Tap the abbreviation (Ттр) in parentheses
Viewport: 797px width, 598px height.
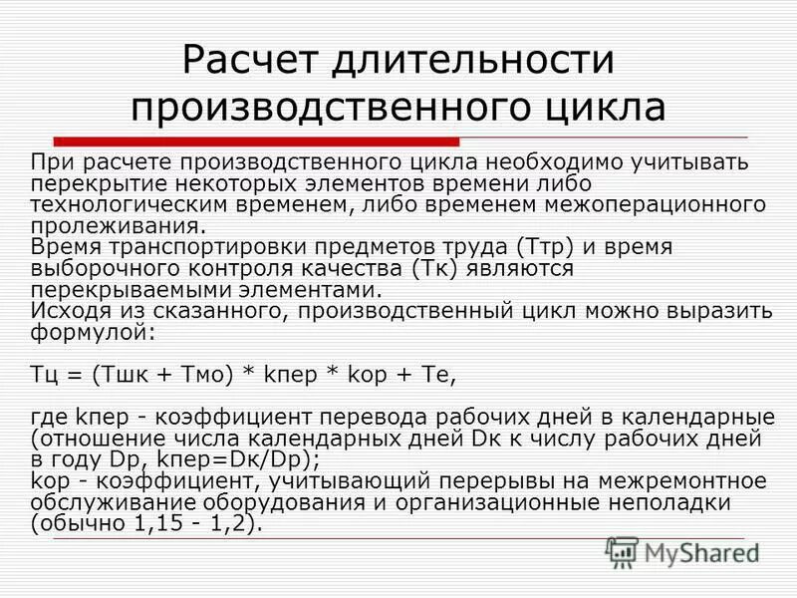click(547, 246)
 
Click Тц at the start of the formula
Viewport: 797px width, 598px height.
click(45, 375)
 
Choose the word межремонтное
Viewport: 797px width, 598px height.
click(697, 481)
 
